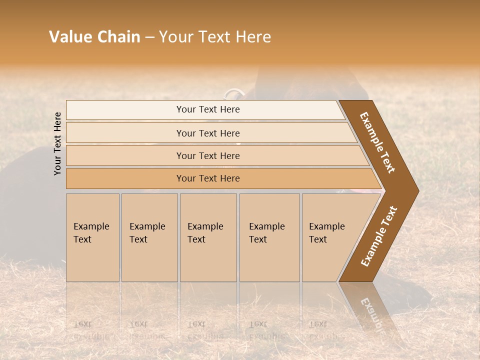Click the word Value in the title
point(68,37)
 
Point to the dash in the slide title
point(149,37)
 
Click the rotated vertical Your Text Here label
point(57,143)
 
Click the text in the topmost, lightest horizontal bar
point(208,109)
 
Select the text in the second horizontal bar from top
point(208,133)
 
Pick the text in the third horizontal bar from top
point(208,155)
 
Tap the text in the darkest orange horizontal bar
point(208,178)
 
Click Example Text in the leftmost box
point(91,233)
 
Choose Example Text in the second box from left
point(147,233)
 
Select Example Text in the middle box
point(205,233)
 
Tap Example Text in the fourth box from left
point(266,233)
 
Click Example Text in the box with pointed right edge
point(326,233)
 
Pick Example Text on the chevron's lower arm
point(378,236)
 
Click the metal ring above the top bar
point(232,94)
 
